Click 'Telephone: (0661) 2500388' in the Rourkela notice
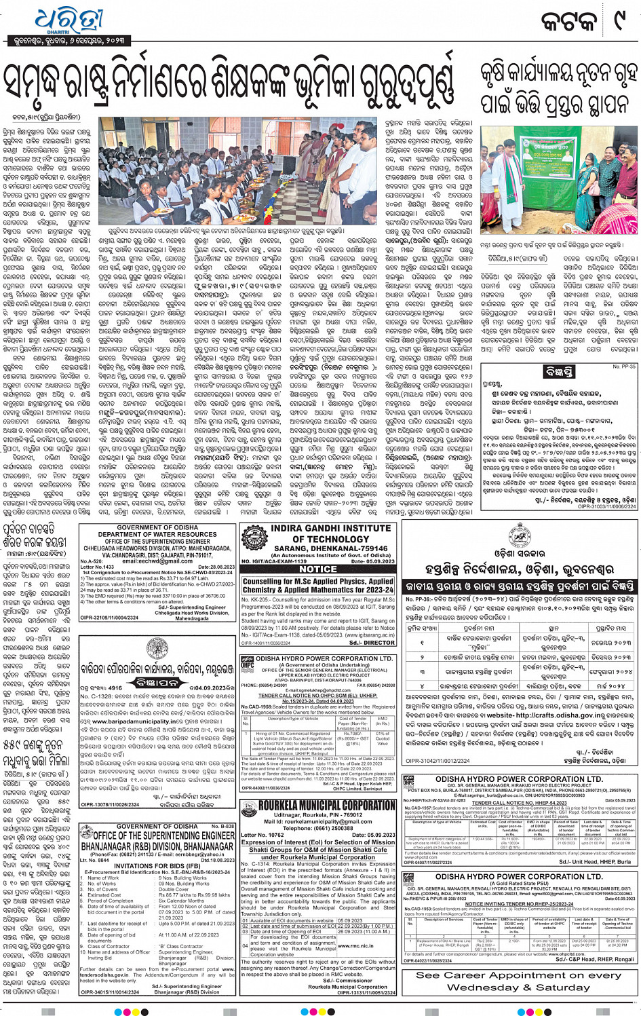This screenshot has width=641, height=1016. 317,828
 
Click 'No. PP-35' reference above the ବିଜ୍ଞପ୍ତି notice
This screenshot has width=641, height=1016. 623,366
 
